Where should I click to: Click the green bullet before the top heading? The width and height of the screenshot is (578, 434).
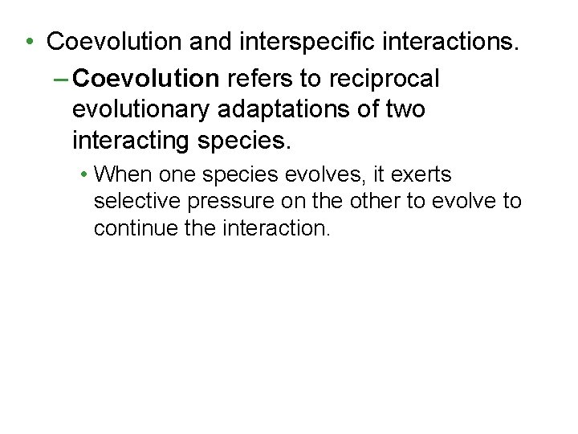(28, 41)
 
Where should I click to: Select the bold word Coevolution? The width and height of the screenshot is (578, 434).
(145, 79)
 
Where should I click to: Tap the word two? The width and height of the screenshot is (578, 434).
(405, 109)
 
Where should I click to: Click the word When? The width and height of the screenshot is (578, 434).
(122, 174)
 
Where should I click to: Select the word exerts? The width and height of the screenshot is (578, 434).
(421, 174)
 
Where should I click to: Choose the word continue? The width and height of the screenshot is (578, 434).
(130, 227)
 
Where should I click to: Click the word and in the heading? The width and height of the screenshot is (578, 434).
(201, 41)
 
